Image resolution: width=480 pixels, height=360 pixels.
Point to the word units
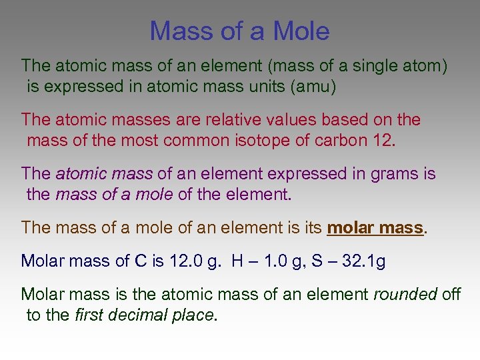click(x=251, y=86)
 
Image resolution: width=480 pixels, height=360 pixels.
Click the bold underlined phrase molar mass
click(x=375, y=228)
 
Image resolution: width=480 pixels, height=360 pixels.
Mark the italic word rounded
click(x=405, y=295)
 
